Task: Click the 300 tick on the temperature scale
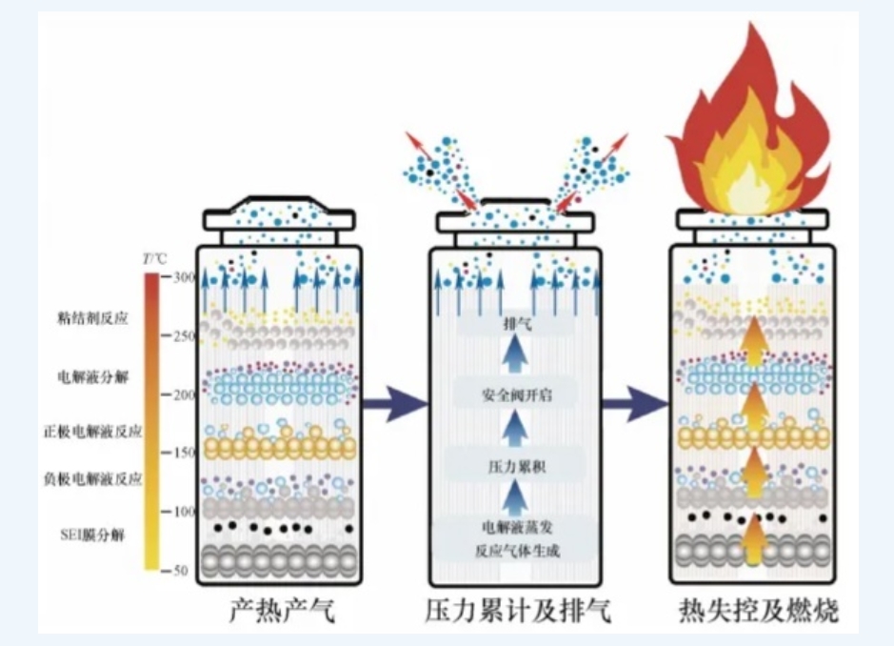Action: coord(180,277)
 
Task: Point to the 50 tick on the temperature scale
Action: coord(180,570)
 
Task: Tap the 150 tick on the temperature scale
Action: coord(180,453)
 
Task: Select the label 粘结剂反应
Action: coord(92,318)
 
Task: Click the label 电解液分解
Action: coord(92,375)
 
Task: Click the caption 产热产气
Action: coord(282,610)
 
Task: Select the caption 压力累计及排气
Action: coord(516,610)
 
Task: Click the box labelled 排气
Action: coord(515,324)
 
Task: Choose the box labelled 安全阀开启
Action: coord(515,394)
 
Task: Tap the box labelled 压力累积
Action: coord(515,466)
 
